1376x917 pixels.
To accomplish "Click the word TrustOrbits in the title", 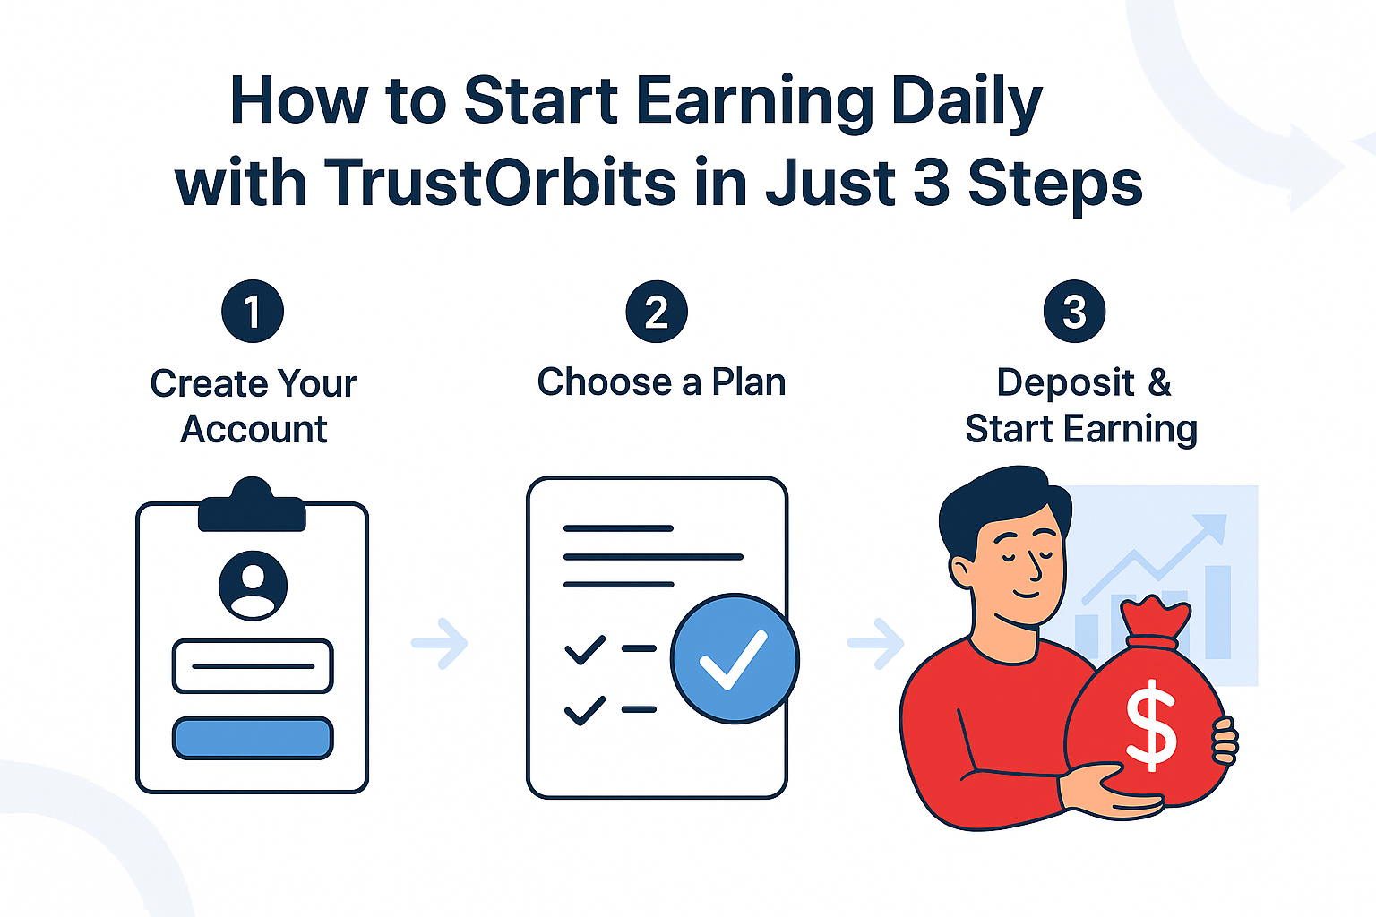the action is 500,182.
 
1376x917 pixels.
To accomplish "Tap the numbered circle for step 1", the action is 253,312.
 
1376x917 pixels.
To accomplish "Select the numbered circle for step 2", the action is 657,312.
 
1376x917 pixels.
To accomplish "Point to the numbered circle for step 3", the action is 1074,312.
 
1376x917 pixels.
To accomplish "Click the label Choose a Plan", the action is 662,382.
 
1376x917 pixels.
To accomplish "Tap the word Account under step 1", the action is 254,429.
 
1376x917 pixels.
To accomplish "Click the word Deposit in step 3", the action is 1065,383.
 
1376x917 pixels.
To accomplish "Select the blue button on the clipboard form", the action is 254,738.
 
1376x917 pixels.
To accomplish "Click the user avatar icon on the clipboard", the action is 254,586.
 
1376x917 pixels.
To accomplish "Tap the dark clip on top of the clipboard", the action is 252,505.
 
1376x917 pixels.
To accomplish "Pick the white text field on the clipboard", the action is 254,666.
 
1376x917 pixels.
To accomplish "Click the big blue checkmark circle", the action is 735,658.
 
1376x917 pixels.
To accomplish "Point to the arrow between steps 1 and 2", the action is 440,643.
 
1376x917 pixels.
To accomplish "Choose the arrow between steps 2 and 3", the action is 876,643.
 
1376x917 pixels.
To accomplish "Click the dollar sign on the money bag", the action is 1151,724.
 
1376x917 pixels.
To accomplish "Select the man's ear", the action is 962,572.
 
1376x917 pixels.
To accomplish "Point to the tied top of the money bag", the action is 1155,621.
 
